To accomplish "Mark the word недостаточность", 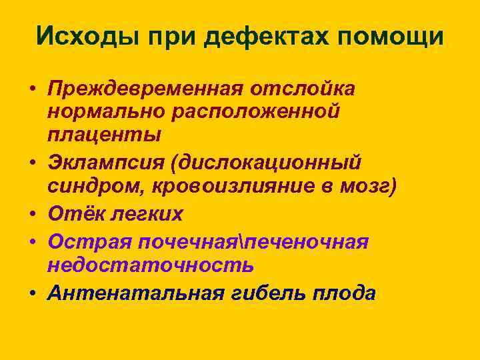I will [151, 265].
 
